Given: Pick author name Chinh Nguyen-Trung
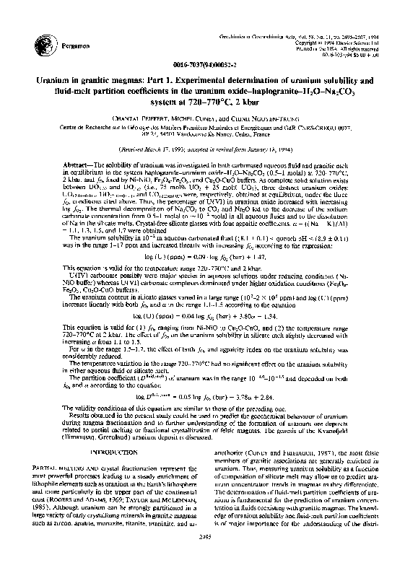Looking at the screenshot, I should pyautogui.click(x=258, y=118).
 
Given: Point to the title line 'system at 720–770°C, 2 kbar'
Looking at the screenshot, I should pyautogui.click(x=208, y=100).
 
